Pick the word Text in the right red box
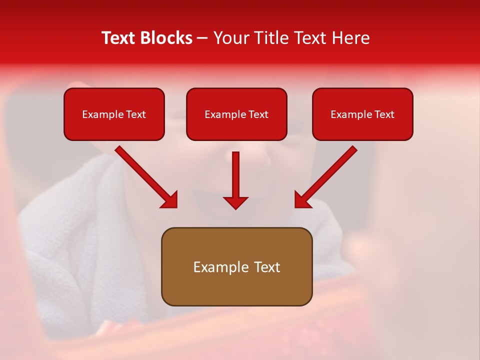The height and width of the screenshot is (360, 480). [384, 114]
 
